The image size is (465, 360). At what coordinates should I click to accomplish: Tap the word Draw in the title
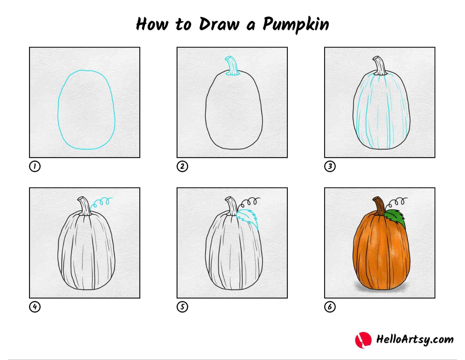[219, 24]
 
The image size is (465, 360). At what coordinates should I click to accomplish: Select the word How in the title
[152, 24]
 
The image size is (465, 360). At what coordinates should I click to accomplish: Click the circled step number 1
[35, 166]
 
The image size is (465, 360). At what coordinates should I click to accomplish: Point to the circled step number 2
[182, 166]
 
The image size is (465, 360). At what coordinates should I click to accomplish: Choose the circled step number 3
[330, 166]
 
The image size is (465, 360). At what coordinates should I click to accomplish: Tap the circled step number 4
[35, 307]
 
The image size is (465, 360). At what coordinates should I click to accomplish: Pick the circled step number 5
[182, 307]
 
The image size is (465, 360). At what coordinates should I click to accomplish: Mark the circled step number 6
[330, 307]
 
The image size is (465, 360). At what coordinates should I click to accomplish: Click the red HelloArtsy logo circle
[363, 340]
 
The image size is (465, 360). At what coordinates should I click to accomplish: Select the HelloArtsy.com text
[415, 340]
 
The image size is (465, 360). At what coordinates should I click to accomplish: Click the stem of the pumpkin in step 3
[380, 66]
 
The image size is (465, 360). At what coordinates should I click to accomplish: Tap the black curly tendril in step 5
[249, 202]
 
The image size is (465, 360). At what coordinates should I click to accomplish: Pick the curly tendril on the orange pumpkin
[397, 202]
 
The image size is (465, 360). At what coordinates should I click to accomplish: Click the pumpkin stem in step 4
[84, 207]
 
